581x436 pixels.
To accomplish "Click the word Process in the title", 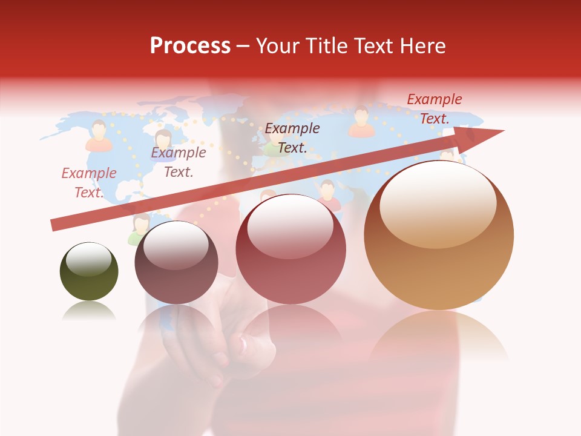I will click(190, 46).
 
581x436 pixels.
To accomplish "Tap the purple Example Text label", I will click(178, 162).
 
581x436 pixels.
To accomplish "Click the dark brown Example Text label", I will click(292, 138).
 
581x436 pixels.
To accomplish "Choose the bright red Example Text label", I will click(434, 109).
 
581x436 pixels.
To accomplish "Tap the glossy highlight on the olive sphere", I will click(89, 260).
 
